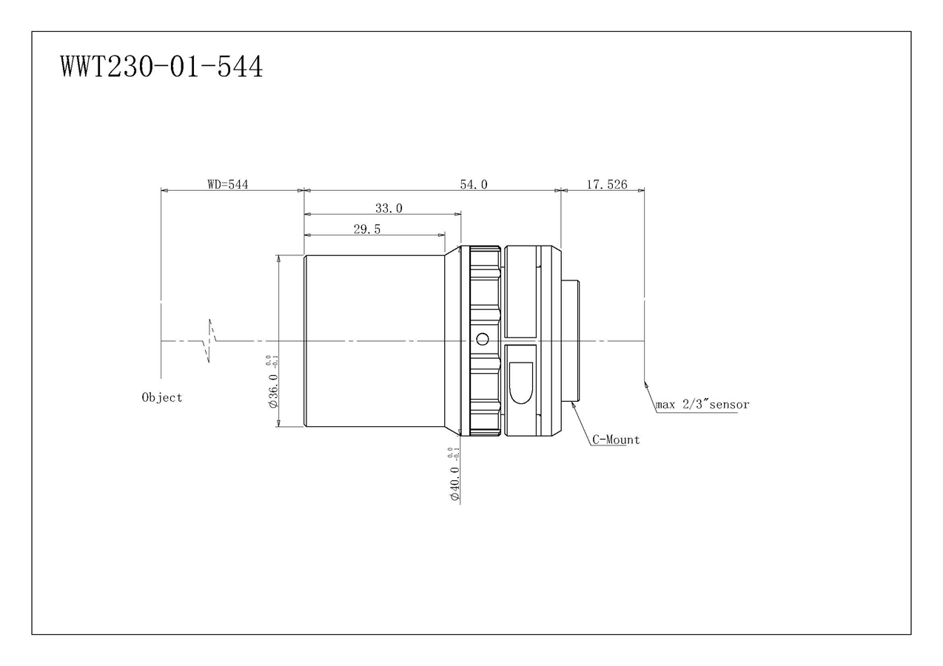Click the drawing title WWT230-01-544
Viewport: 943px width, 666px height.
click(x=161, y=67)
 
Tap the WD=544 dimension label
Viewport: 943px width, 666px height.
click(x=227, y=184)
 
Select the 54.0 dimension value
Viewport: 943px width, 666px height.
click(x=474, y=184)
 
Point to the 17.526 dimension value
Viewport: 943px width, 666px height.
click(x=607, y=184)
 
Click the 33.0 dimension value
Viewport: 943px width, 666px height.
click(x=389, y=209)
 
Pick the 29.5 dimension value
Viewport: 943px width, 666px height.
click(x=367, y=229)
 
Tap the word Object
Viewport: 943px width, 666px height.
click(x=162, y=397)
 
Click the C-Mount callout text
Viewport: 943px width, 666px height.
click(x=616, y=440)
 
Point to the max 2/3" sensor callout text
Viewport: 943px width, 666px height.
click(x=702, y=405)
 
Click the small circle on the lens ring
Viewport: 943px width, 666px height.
click(x=483, y=339)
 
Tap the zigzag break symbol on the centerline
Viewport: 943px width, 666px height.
click(x=211, y=341)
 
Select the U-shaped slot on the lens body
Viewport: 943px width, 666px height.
click(x=521, y=382)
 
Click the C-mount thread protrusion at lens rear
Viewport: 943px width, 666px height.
click(x=571, y=341)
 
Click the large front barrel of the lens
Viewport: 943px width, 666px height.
click(x=375, y=340)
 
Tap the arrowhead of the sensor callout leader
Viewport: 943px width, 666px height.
click(x=646, y=383)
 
